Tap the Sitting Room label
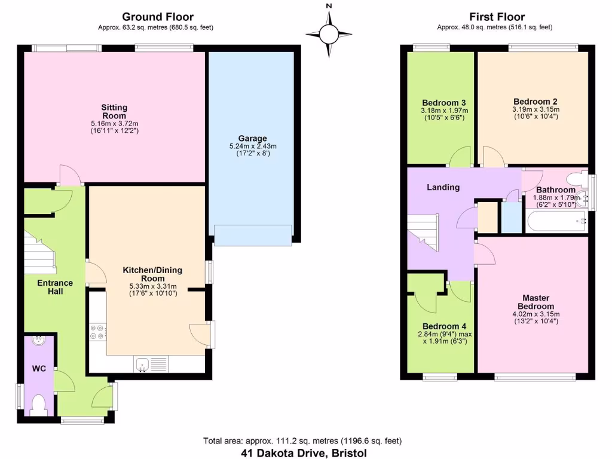pos(114,111)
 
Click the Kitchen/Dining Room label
pos(152,274)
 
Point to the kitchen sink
pos(143,363)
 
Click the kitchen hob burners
pos(97,332)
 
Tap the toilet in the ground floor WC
pos(39,405)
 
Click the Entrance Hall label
pos(55,287)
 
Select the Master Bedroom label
pos(535,302)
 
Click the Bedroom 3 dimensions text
pos(444,114)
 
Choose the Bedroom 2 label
pos(535,101)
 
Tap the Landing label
pos(443,187)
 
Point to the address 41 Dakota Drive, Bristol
pos(304,453)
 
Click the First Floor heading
pos(497,17)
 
